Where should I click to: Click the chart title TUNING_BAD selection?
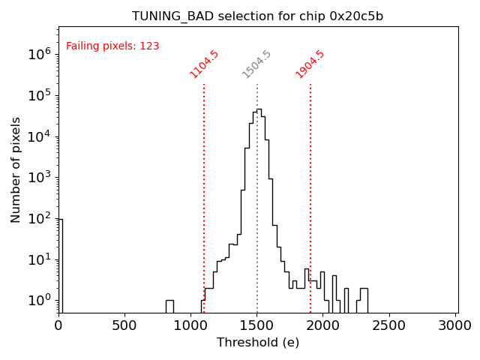tap(257, 16)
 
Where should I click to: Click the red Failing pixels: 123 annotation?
tap(112, 46)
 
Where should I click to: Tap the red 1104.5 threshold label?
tap(204, 64)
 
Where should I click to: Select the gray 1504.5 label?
tap(256, 64)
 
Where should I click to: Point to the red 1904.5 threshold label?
tap(310, 64)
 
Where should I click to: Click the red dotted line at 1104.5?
tap(204, 187)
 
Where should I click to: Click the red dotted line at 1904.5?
tap(310, 187)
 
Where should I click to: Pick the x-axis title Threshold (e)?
tap(257, 343)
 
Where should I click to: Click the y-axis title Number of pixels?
tap(16, 169)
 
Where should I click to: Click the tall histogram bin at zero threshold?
tap(60, 262)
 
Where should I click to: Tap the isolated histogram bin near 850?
tap(169, 306)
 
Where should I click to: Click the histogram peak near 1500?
tap(259, 112)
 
